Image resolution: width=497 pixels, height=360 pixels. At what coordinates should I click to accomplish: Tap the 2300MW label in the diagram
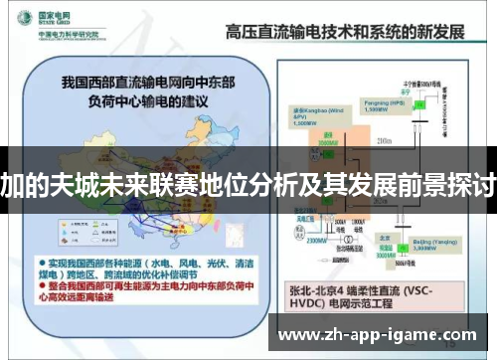pyautogui.click(x=314, y=240)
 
